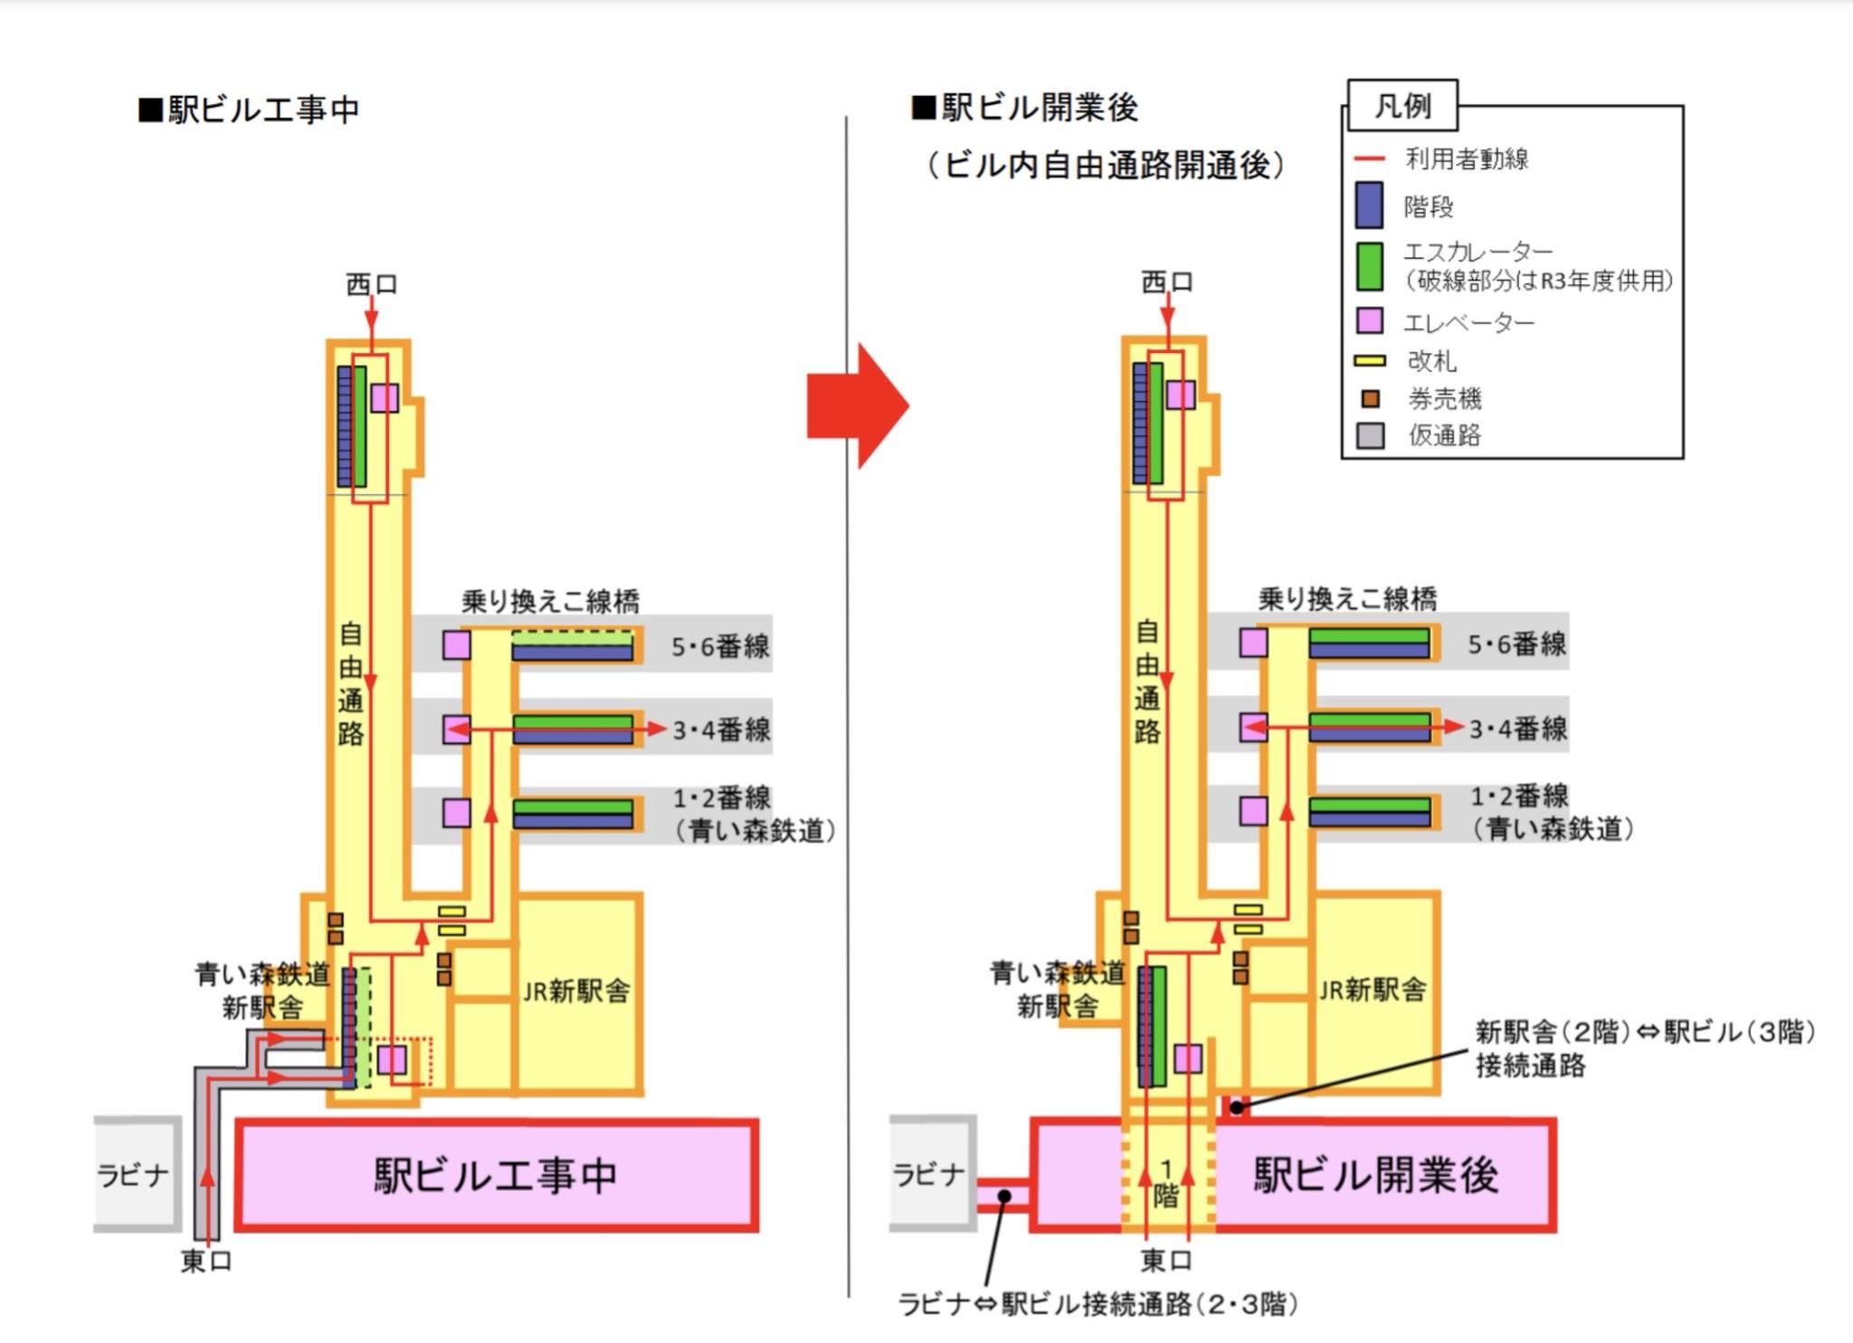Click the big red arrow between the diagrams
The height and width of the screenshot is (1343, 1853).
coord(855,406)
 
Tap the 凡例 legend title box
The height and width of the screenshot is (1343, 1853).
coord(1402,106)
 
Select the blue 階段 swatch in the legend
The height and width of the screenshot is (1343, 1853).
coord(1369,205)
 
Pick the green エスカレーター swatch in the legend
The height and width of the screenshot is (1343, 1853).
coord(1369,266)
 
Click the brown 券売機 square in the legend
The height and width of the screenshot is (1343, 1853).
coord(1371,398)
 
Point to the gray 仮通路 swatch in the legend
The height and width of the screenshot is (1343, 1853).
coord(1370,435)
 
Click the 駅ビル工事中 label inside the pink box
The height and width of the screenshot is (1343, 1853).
coord(496,1176)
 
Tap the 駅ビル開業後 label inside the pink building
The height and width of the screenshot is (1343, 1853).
coord(1375,1176)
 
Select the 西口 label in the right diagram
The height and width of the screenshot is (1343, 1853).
coord(1167,282)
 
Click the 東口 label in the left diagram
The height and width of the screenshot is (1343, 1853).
coord(206,1261)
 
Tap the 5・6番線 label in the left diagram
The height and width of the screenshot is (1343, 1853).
coord(720,646)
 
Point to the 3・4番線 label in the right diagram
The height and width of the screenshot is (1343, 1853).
coord(1518,729)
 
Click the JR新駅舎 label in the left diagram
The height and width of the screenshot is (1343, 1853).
coord(576,991)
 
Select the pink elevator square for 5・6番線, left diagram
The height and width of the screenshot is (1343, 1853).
coord(456,645)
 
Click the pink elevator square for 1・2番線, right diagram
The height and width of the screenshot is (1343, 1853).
coord(1253,810)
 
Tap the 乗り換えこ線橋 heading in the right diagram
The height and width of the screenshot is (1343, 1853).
coord(1347,598)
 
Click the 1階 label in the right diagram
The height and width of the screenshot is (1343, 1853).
coord(1166,1184)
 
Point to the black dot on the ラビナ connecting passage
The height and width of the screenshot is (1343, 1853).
coord(1004,1196)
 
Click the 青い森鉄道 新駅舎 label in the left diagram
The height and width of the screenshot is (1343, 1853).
coord(262,991)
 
